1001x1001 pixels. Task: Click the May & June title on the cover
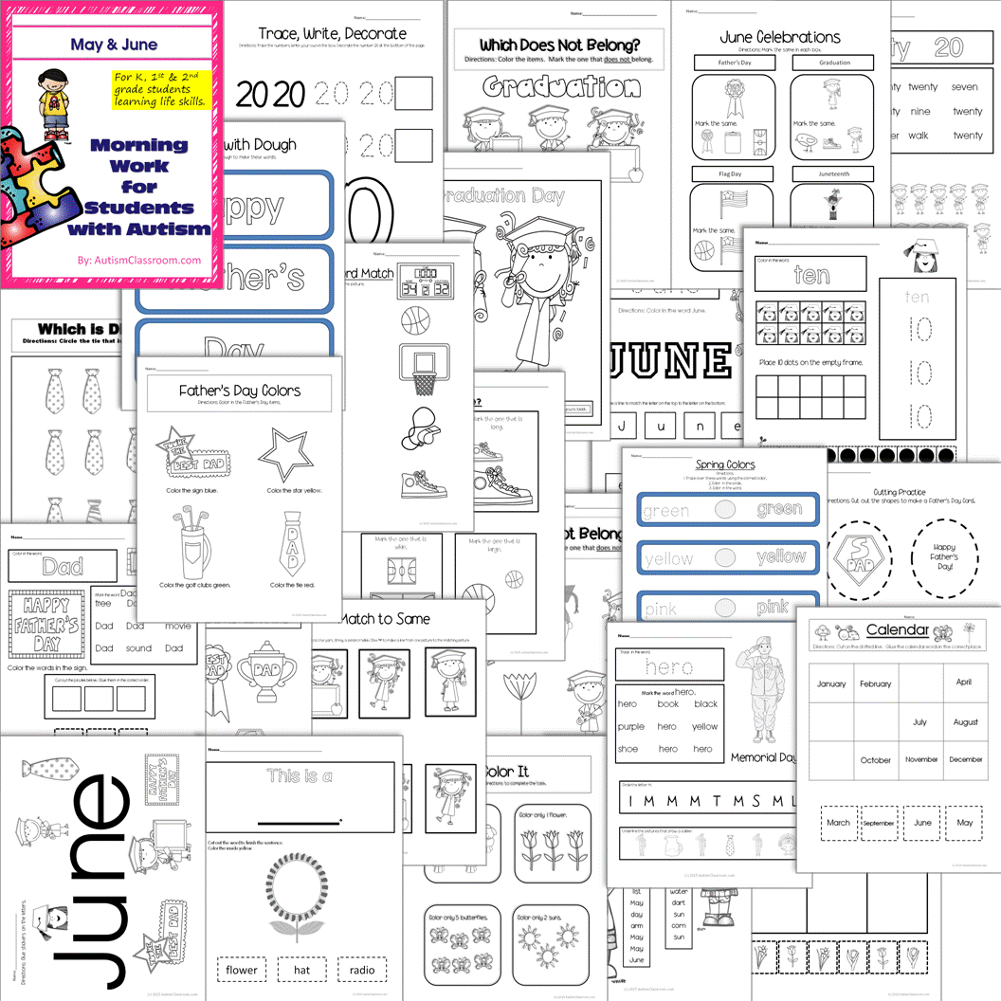tap(113, 45)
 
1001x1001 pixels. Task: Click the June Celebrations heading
tap(779, 38)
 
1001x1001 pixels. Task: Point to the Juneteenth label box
tap(834, 174)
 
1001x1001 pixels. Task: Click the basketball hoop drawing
tap(418, 369)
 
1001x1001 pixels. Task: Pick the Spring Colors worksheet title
tap(724, 464)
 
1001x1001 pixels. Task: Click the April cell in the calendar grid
tap(964, 682)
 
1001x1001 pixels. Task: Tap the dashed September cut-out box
tap(878, 823)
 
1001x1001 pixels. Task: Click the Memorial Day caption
tap(764, 757)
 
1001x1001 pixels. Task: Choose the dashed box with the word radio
tap(361, 970)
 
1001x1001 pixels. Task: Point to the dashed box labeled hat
tap(302, 970)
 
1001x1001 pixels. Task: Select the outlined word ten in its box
tap(812, 276)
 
